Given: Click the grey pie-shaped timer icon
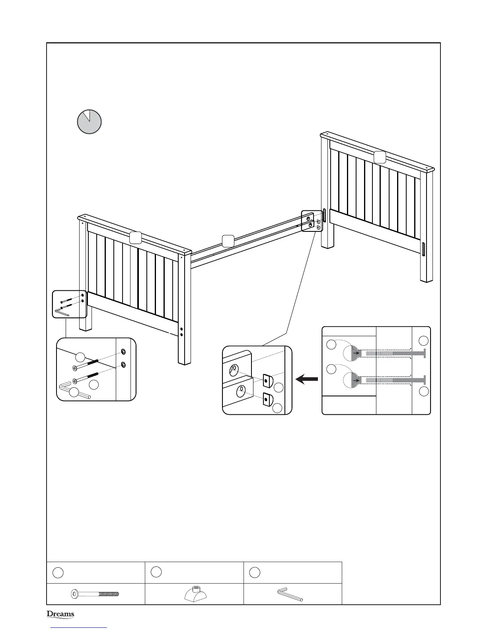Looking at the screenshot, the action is pyautogui.click(x=89, y=121).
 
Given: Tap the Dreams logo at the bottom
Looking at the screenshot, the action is pyautogui.click(x=60, y=614).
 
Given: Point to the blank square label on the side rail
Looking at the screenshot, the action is pyautogui.click(x=228, y=241).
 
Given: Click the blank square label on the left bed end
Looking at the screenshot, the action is pyautogui.click(x=135, y=237).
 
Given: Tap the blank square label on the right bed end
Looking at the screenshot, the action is pyautogui.click(x=380, y=157).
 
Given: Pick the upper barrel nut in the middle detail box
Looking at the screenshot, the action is pyautogui.click(x=267, y=381).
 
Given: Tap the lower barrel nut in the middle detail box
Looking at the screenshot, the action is pyautogui.click(x=267, y=399).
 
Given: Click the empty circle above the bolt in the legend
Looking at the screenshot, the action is pyautogui.click(x=58, y=572).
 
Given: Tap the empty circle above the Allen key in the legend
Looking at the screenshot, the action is pyautogui.click(x=255, y=572).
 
